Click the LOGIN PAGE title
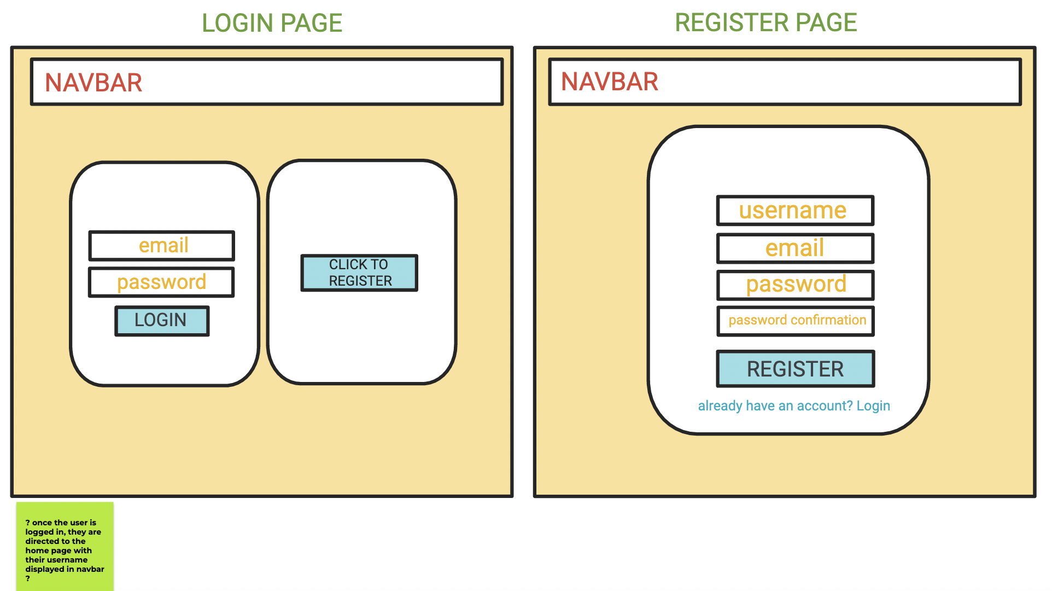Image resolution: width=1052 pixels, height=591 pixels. tap(272, 23)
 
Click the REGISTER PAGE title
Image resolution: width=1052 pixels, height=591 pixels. tap(765, 22)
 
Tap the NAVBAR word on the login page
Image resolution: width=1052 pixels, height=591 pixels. tap(93, 83)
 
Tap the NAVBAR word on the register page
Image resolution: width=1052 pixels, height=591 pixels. tap(609, 82)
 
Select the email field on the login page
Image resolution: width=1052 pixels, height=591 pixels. tap(162, 246)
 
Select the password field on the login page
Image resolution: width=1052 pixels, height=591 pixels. tap(161, 282)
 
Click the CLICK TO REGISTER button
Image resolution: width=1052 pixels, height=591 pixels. tap(359, 273)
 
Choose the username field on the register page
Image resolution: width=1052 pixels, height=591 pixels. tap(795, 211)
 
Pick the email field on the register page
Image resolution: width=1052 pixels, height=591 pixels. tap(795, 248)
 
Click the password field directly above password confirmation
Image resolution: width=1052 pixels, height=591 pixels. tap(795, 285)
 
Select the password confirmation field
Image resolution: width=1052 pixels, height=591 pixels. tap(795, 321)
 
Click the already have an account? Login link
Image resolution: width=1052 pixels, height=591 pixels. tap(793, 406)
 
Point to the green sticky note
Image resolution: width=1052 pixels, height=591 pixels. tap(65, 546)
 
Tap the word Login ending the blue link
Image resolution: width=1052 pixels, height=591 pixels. tap(873, 406)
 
